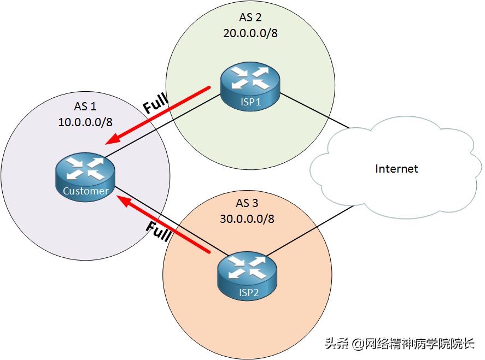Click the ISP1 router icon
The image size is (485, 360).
point(250,86)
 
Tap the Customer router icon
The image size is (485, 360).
point(85,177)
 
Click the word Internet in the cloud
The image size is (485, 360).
point(396,169)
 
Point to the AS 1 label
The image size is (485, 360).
point(85,107)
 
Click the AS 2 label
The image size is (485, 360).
point(250,17)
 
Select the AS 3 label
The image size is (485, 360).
point(247,203)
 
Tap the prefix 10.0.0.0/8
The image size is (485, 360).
point(85,122)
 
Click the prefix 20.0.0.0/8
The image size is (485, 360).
point(250,33)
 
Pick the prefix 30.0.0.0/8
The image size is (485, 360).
point(247,219)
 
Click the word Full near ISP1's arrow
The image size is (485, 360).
point(156,103)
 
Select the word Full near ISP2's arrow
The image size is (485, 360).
point(159,231)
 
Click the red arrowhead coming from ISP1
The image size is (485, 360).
point(113,138)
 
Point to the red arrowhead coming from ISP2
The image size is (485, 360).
point(125,201)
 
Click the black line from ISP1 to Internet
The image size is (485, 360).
point(314,110)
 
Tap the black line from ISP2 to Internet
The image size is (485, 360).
point(309,231)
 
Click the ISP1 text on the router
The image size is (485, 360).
point(250,102)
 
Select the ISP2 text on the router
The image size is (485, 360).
point(248,292)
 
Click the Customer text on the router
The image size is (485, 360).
point(86,191)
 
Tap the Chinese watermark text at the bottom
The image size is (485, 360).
point(399,343)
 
